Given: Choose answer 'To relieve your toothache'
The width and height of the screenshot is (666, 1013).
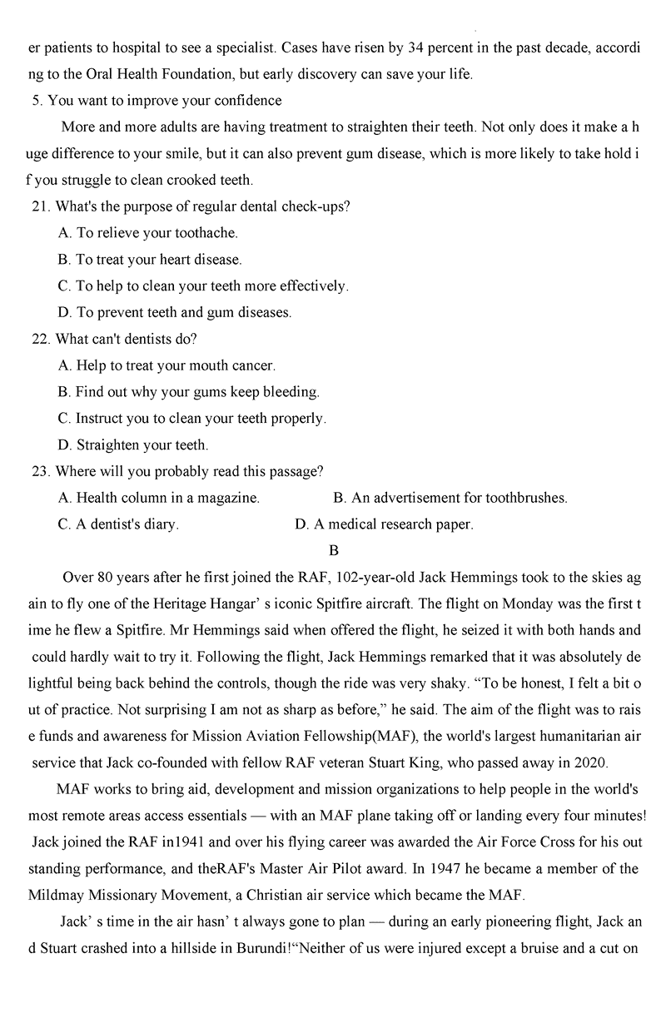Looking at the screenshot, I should [x=148, y=233].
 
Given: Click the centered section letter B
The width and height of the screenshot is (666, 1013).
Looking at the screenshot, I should [x=334, y=550].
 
